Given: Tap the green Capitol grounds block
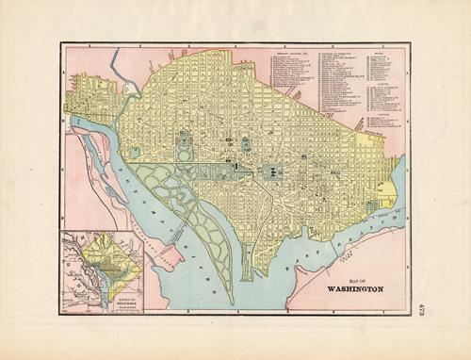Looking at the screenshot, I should click(x=273, y=172).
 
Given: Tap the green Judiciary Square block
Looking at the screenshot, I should click(x=247, y=144).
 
